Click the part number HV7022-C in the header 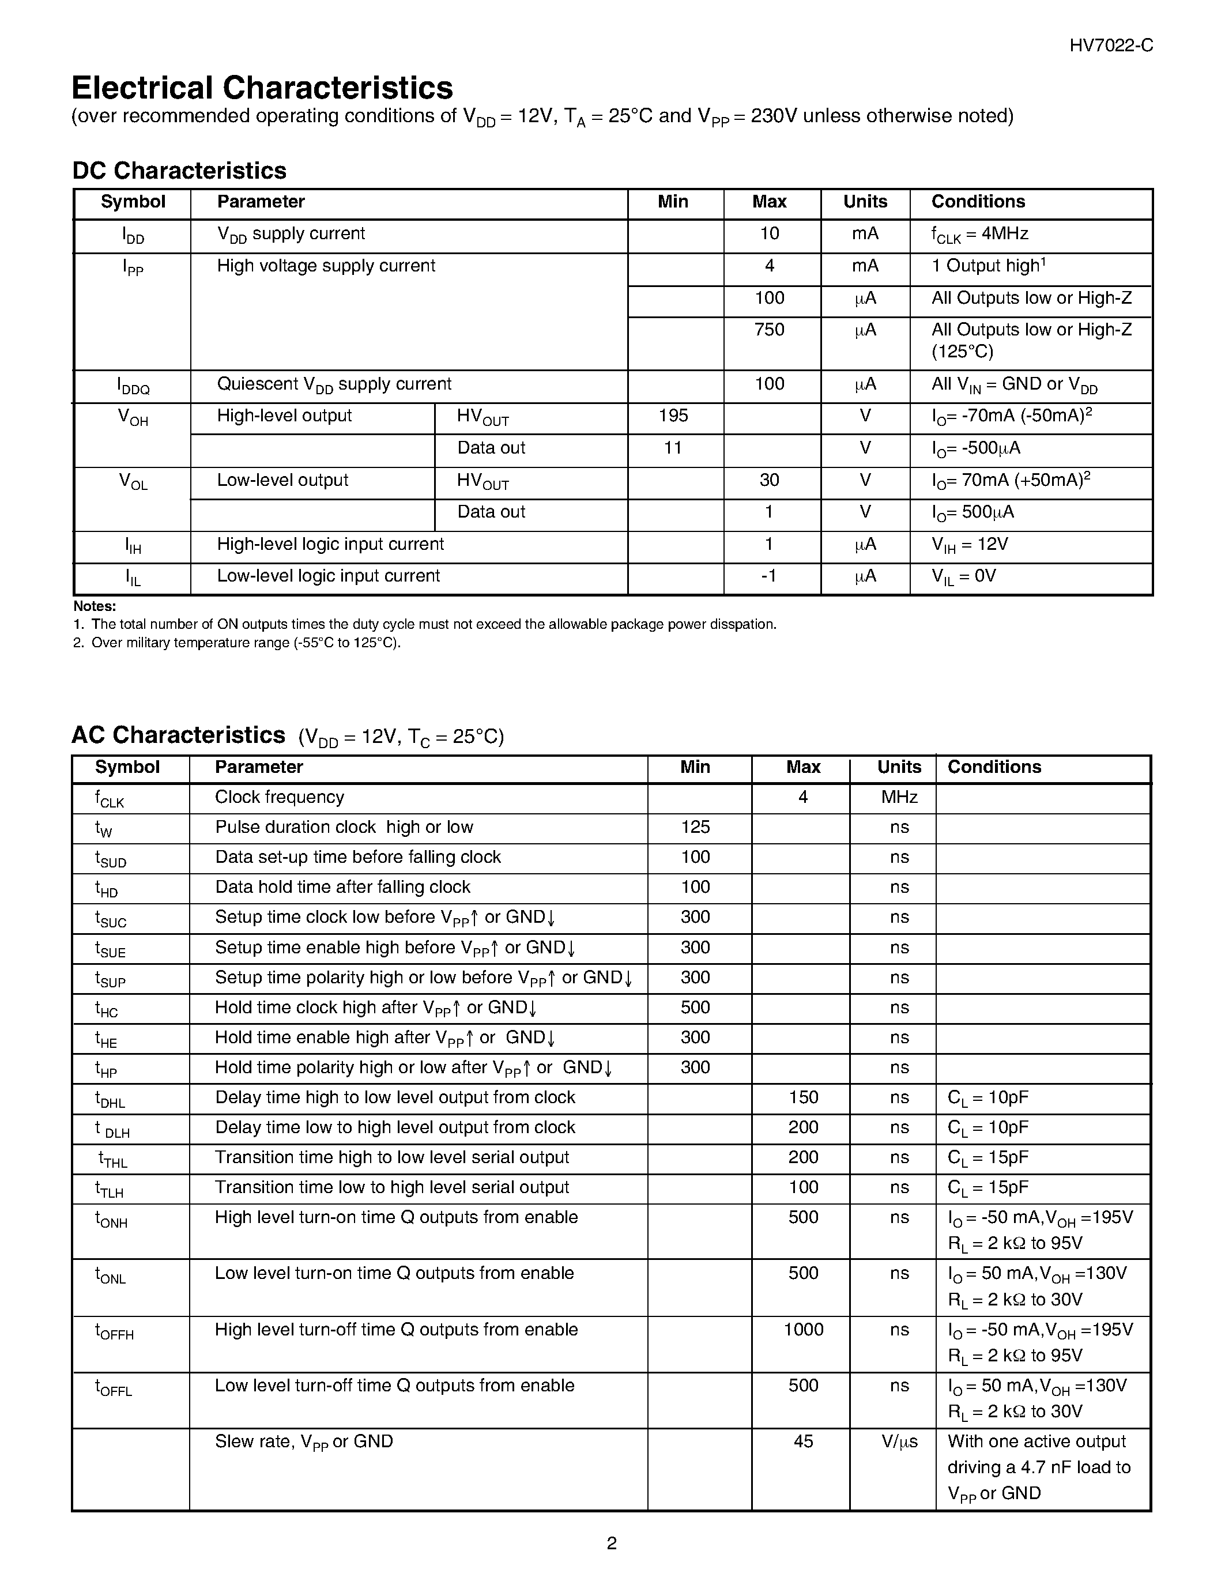1110,46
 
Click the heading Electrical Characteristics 262,88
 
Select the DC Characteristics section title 179,171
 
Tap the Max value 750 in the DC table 769,330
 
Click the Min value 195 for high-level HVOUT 673,416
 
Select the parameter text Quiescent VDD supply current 334,384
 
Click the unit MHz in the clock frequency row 899,798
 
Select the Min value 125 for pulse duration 695,827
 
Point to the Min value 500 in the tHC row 695,1007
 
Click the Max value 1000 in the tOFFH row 804,1330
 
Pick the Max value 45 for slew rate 804,1441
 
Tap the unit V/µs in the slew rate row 899,1442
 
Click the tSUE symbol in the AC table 110,949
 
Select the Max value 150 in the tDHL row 804,1097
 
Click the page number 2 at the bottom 612,1543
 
